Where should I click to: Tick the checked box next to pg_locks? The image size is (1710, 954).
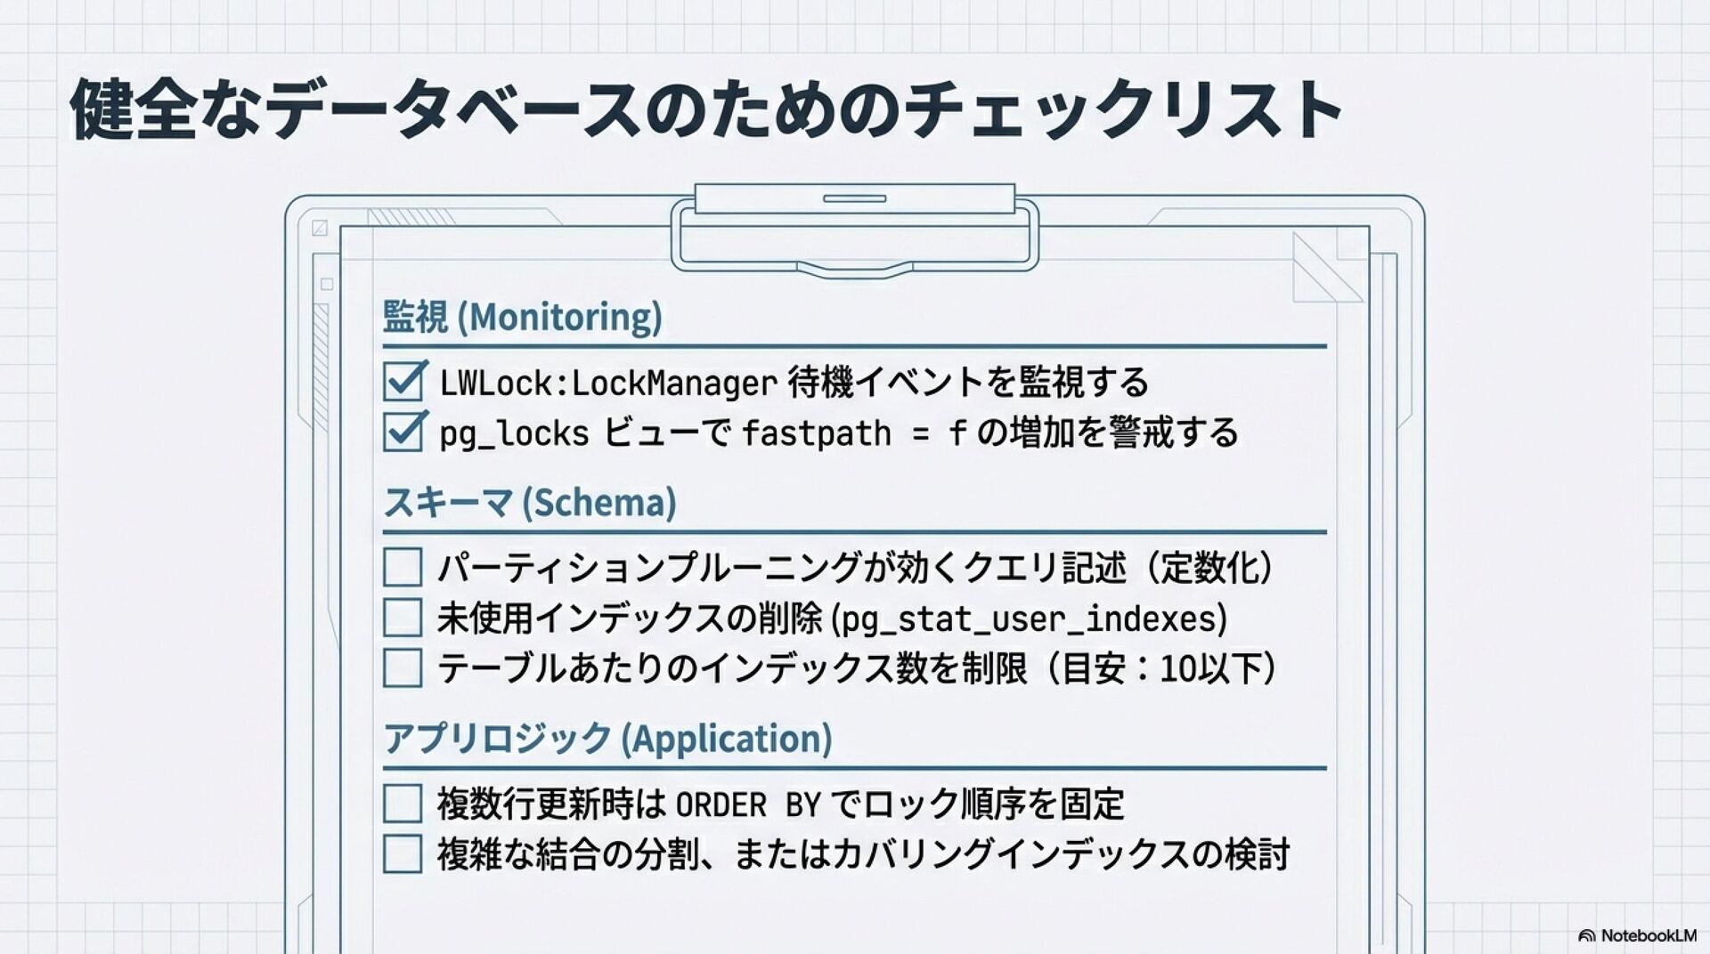coord(403,433)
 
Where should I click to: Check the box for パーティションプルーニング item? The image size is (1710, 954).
coord(403,567)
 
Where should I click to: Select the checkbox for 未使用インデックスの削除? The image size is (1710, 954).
coord(403,618)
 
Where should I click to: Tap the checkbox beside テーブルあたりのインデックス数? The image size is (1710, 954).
coord(403,668)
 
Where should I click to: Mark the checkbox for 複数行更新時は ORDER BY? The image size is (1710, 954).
coord(403,804)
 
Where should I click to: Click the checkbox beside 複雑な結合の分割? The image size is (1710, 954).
coord(403,854)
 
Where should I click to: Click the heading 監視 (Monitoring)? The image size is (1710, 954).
coord(522,317)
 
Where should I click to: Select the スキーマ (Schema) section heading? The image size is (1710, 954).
coord(530,503)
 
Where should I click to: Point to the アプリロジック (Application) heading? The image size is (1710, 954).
coord(607,739)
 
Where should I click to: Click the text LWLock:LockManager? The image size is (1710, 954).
coord(608,384)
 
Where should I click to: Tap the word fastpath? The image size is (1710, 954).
coord(816,434)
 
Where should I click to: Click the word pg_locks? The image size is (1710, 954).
coord(514,434)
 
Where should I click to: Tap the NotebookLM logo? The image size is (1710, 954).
coord(1637,935)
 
